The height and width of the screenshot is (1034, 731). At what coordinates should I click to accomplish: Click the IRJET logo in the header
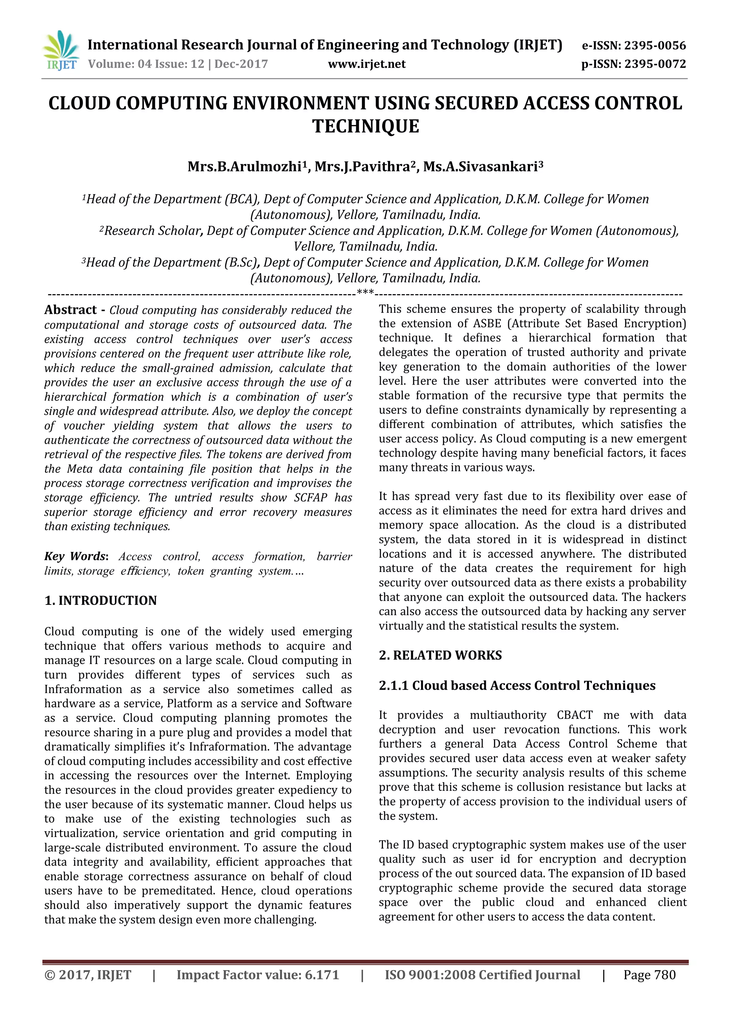point(61,51)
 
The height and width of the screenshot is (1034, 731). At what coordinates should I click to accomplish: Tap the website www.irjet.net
point(367,64)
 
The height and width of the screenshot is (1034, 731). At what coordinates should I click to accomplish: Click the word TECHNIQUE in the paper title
point(365,126)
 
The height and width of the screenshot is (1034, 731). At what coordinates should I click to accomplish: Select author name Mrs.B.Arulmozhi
point(244,167)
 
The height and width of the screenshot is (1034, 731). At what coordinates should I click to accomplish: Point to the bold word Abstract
point(71,310)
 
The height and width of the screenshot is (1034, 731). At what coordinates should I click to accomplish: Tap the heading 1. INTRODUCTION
point(100,600)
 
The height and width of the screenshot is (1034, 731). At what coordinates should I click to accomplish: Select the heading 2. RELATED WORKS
point(440,655)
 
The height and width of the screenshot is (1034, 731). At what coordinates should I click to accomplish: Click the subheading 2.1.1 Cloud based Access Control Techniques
point(517,686)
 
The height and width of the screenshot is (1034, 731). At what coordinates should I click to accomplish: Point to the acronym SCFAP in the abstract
point(310,498)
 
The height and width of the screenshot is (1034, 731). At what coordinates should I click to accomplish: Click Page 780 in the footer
point(649,975)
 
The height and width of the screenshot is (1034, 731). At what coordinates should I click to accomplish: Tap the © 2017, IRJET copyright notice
point(88,975)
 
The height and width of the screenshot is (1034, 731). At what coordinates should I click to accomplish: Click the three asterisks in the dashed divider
point(365,293)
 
